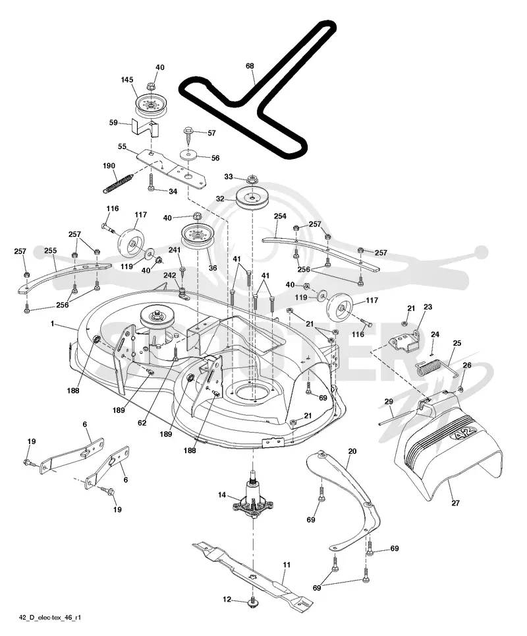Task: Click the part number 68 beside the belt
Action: point(250,66)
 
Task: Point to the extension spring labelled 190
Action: point(119,183)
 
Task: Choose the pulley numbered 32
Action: point(252,199)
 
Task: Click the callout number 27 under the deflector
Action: point(455,503)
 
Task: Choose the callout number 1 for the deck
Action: point(52,323)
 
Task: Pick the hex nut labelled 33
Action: point(252,179)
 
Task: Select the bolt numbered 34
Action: point(151,183)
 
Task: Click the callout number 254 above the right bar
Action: point(280,216)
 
